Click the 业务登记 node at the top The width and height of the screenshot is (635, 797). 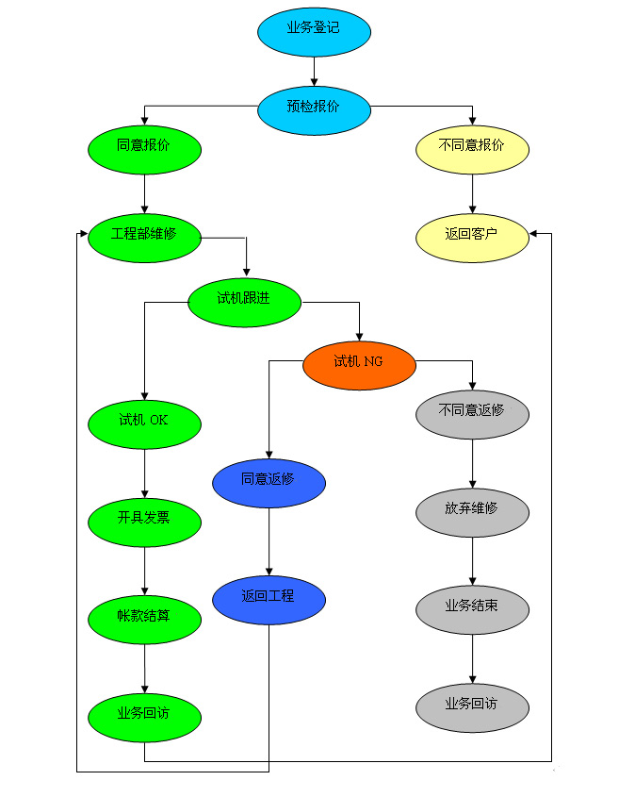pyautogui.click(x=314, y=29)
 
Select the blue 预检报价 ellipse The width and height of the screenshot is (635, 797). pyautogui.click(x=314, y=107)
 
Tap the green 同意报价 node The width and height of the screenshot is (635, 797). pyautogui.click(x=144, y=146)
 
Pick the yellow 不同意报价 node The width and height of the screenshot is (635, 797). pyautogui.click(x=472, y=146)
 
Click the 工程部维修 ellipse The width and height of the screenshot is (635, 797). pyautogui.click(x=144, y=234)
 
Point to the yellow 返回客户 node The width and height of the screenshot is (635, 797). pyautogui.click(x=472, y=234)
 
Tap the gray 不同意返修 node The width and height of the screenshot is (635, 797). pyautogui.click(x=472, y=412)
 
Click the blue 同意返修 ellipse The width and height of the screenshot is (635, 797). pyautogui.click(x=269, y=480)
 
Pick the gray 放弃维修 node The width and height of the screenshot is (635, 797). pyautogui.click(x=472, y=509)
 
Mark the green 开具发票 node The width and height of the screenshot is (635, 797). pyautogui.click(x=144, y=519)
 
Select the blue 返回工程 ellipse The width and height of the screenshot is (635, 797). pyautogui.click(x=269, y=597)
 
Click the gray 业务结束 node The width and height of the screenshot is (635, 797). pyautogui.click(x=472, y=606)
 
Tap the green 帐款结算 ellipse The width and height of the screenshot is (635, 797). pyautogui.click(x=144, y=617)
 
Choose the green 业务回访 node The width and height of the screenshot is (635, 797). pyautogui.click(x=144, y=714)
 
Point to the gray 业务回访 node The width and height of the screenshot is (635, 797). pyautogui.click(x=472, y=704)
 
